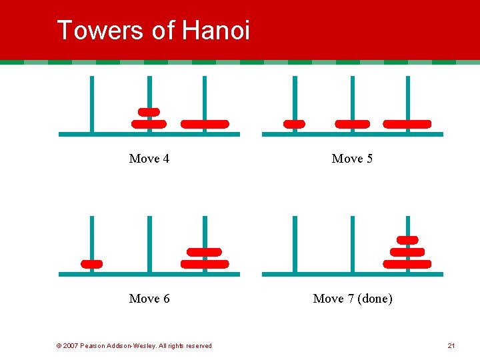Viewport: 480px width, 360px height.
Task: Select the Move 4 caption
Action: coord(149,159)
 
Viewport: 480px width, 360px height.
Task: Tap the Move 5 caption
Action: coord(352,159)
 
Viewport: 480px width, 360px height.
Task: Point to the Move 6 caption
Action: coord(149,299)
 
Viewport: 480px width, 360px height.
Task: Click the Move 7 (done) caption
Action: coord(353,299)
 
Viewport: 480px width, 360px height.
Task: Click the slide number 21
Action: coord(451,345)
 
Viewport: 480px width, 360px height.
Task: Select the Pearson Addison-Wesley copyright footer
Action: coord(134,345)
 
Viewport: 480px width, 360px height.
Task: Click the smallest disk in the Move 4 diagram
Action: coord(149,111)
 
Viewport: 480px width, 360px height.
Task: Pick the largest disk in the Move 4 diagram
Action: coord(205,124)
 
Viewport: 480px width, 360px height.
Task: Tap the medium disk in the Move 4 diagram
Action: coord(149,124)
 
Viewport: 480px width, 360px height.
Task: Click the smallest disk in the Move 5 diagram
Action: coord(294,124)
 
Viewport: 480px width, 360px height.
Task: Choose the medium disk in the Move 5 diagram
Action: coord(352,124)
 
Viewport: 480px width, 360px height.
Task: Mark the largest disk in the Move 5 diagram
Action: coord(407,124)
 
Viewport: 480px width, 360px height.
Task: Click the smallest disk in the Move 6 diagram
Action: coord(92,264)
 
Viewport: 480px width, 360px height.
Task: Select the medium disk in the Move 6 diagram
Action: coord(205,252)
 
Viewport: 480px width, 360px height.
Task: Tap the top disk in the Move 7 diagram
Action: coord(407,240)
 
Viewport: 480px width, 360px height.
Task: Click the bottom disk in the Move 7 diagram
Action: coord(407,264)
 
